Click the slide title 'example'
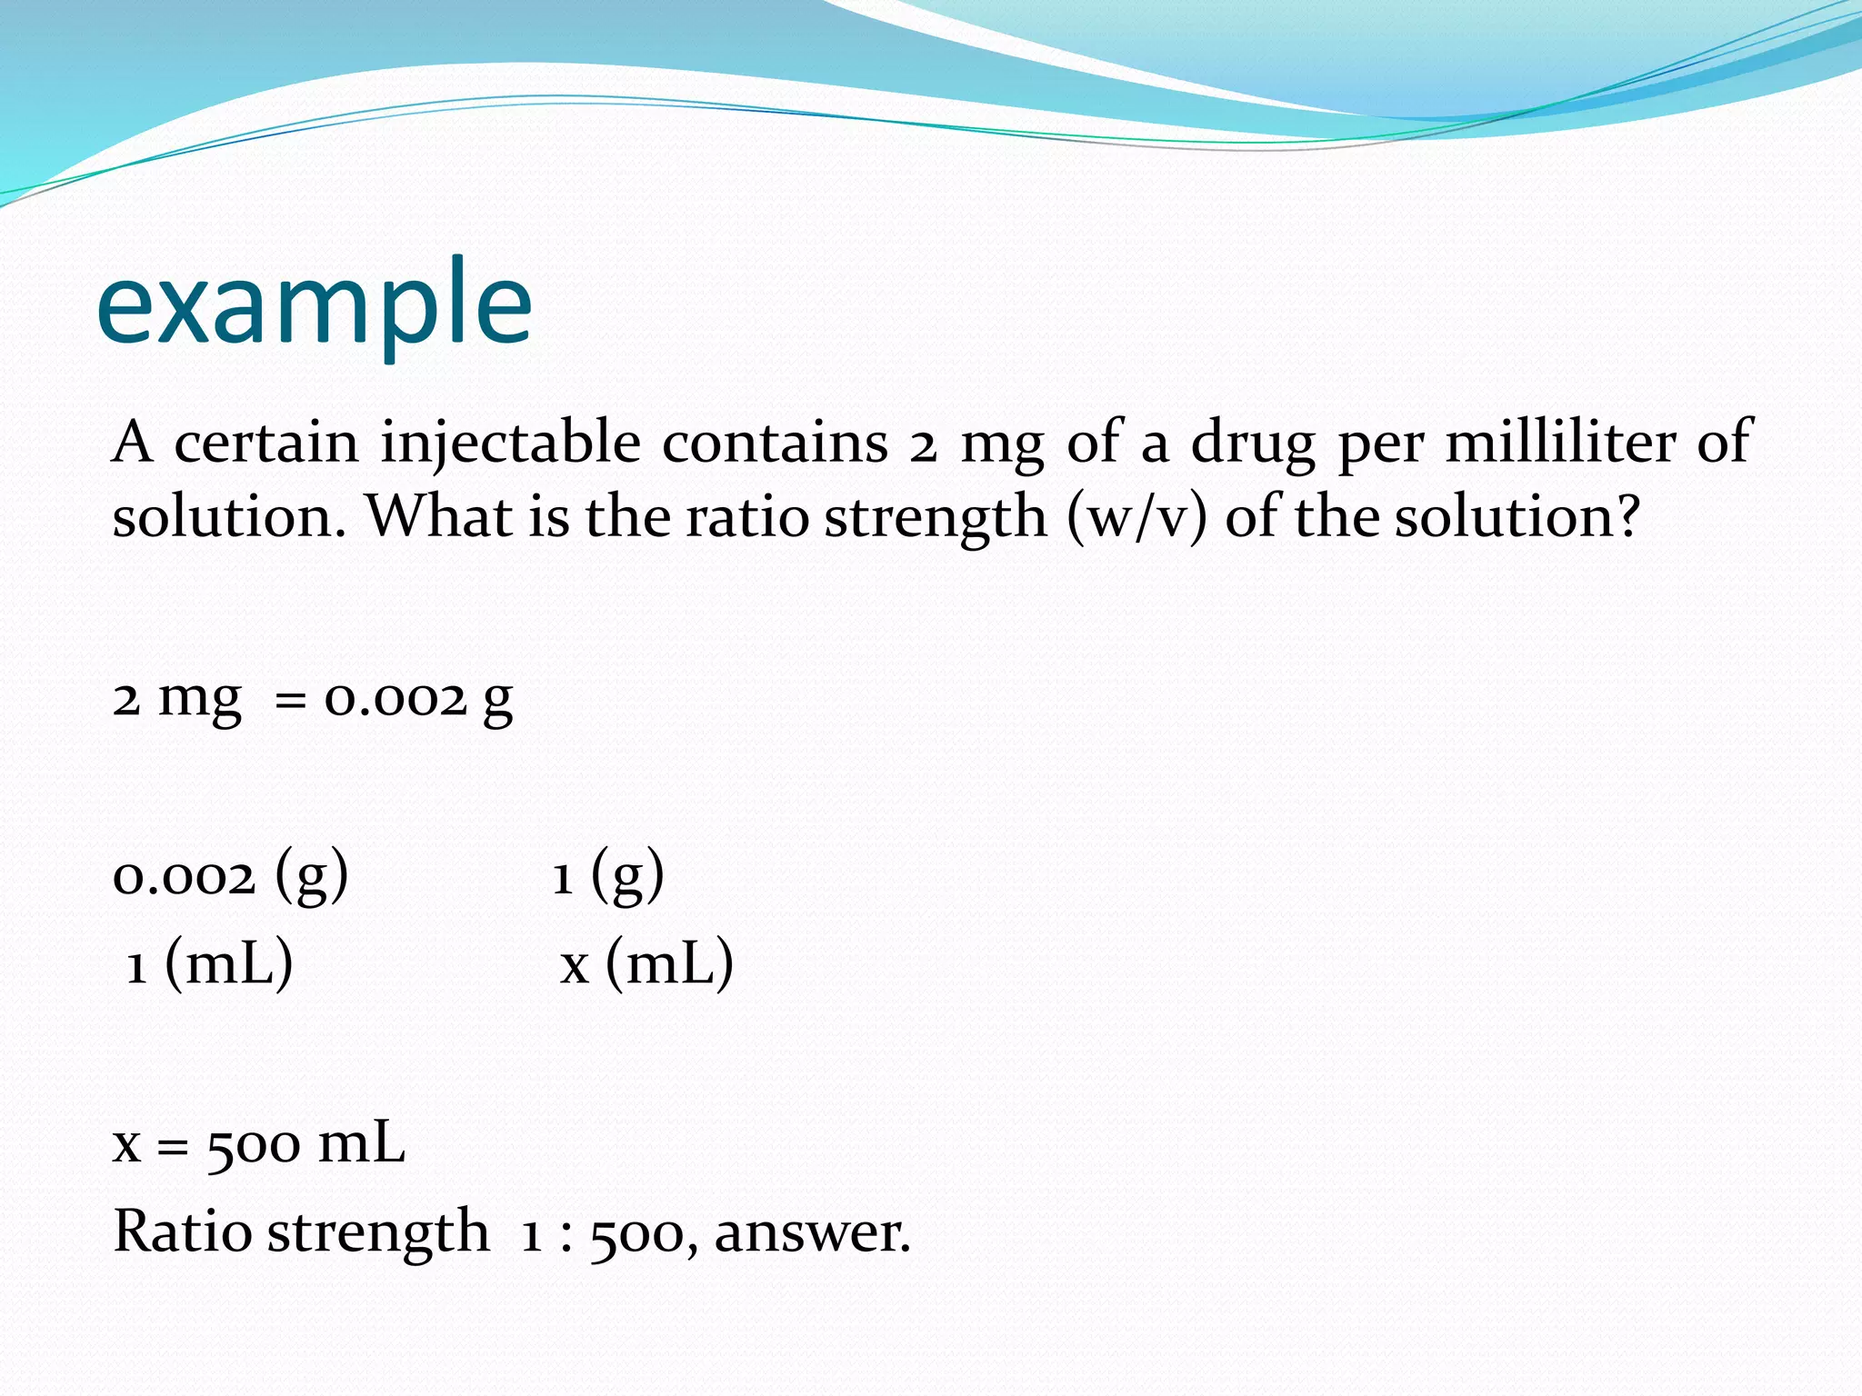314,304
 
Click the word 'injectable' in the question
510,444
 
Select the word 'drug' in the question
1253,444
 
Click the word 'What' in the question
439,516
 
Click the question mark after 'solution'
1627,516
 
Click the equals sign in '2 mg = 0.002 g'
290,701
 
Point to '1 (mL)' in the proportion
210,964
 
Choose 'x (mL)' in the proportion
646,964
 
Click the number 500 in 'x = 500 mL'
254,1145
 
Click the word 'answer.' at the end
812,1234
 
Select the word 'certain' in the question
266,443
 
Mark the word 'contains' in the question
775,443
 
